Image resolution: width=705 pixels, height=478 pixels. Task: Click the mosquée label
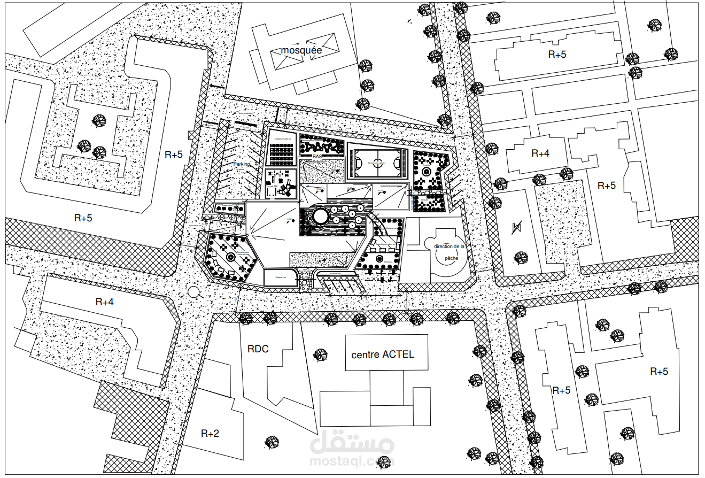click(302, 50)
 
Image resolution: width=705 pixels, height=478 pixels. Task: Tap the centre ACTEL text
click(383, 354)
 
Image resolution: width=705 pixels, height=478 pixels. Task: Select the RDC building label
click(258, 349)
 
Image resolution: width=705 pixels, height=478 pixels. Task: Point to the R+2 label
click(210, 433)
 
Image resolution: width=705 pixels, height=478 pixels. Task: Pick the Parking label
click(242, 165)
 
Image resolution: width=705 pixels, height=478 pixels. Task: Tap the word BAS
click(317, 156)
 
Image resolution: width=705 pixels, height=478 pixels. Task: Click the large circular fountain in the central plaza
click(320, 217)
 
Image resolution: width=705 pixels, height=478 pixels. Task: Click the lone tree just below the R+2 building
click(272, 442)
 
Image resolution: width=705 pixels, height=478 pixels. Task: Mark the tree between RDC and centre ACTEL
click(320, 355)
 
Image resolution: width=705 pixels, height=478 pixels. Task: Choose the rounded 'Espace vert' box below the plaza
click(282, 278)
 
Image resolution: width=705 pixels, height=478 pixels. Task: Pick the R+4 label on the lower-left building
click(104, 302)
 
